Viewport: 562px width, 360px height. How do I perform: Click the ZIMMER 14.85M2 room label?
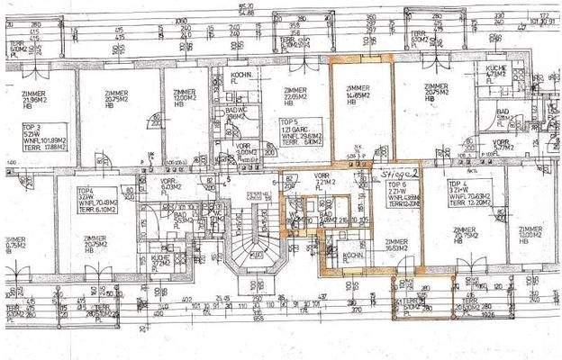pos(358,94)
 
